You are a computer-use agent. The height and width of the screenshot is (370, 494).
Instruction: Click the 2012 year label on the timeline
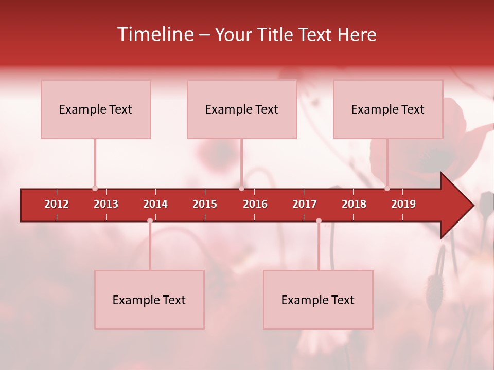tap(57, 204)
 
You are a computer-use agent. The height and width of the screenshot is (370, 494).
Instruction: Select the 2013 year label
tap(106, 204)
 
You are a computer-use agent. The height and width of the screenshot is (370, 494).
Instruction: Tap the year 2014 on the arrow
tap(155, 204)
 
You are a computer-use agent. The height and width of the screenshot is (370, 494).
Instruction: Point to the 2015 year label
tap(205, 204)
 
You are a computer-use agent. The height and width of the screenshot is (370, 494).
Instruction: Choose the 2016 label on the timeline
tap(255, 204)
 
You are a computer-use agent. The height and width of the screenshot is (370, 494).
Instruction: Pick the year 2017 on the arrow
tap(305, 204)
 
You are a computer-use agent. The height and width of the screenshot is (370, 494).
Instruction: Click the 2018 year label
tap(354, 204)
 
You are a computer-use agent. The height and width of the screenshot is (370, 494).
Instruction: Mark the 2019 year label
tap(403, 204)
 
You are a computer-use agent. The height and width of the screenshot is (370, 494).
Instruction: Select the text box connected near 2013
tap(96, 109)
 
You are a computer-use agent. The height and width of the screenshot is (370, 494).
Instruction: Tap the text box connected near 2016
tap(242, 109)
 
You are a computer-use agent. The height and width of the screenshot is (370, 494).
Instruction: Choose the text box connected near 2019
tap(388, 109)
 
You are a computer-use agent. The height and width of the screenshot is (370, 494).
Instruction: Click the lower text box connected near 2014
tap(149, 300)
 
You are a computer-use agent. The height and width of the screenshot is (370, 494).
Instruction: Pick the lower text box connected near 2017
tap(318, 300)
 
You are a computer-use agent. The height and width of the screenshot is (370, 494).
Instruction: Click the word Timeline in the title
tap(155, 34)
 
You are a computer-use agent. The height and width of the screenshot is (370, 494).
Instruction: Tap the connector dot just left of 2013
tap(95, 189)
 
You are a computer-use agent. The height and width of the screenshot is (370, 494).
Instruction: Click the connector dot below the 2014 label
tap(150, 220)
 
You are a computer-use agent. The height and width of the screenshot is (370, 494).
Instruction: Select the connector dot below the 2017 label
tap(319, 220)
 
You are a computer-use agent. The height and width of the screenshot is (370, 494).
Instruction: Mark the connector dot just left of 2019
tap(387, 189)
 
